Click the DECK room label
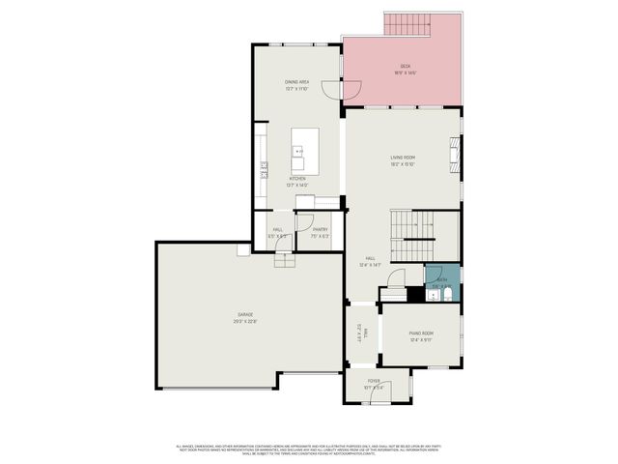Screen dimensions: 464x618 pos(405,66)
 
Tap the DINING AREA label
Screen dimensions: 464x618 pos(296,82)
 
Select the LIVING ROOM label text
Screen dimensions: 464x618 pos(403,157)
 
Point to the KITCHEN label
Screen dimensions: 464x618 pos(297,179)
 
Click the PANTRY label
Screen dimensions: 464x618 pos(320,229)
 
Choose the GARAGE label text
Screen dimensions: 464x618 pos(246,316)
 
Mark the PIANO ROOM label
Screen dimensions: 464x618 pos(421,333)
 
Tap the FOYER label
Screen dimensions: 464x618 pos(374,381)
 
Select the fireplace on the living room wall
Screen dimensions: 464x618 pos(452,152)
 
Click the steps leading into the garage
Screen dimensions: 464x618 pos(285,261)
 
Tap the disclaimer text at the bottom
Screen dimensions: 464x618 pos(308,449)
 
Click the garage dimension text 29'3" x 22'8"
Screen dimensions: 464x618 pos(246,323)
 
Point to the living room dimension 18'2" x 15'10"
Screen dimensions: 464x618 pos(403,164)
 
